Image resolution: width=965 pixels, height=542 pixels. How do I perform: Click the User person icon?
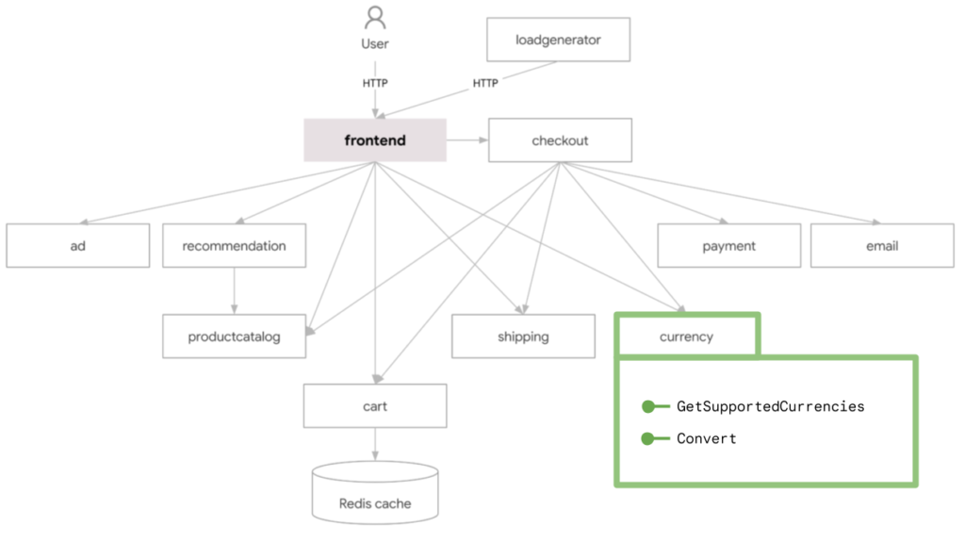375,19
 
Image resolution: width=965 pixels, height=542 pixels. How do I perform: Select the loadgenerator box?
558,41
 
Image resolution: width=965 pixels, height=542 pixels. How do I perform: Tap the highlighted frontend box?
375,140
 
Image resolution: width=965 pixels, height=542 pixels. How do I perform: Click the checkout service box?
560,140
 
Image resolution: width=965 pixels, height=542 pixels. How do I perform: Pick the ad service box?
77,246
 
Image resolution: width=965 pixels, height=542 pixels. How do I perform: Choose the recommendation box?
234,246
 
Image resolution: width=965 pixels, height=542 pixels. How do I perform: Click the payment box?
728,246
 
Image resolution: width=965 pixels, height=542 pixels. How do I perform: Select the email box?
882,246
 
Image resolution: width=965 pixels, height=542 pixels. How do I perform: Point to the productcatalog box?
234,337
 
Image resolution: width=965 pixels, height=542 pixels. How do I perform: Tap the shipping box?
523,337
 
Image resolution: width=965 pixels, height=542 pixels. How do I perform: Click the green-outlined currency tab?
686,337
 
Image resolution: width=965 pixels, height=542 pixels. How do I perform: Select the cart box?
375,406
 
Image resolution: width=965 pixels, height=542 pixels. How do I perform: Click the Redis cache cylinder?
375,494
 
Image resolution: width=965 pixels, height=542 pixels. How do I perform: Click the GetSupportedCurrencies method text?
770,406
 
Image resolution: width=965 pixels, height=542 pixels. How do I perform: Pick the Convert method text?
707,438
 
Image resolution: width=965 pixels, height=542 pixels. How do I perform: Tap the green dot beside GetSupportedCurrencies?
648,406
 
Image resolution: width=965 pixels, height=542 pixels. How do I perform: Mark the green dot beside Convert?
648,438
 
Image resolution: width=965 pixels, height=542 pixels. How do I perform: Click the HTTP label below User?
375,83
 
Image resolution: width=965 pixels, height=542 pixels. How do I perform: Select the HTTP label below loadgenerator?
485,83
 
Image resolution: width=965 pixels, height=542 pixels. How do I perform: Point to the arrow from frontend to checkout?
467,140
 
